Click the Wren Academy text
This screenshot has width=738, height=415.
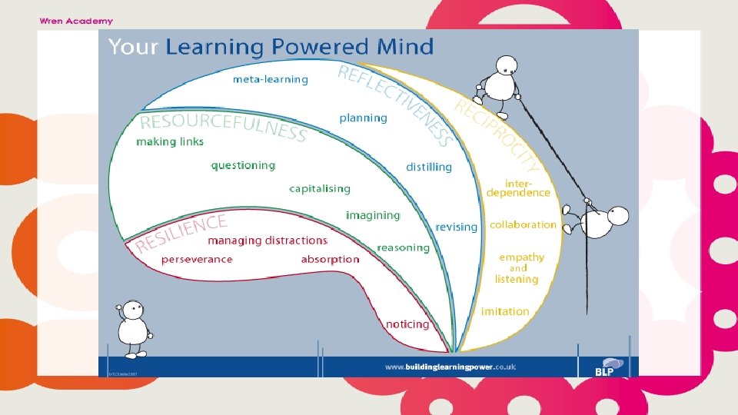(76, 21)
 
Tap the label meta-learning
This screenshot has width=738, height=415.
(270, 79)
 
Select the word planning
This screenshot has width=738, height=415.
(363, 118)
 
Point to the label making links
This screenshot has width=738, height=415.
(170, 141)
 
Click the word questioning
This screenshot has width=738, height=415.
(243, 165)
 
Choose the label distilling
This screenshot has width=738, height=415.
(429, 167)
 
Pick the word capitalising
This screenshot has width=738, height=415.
(320, 188)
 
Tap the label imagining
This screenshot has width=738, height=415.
(373, 215)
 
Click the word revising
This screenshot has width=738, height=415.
(456, 227)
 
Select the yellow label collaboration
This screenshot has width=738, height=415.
(523, 224)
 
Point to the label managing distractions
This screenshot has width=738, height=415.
(268, 241)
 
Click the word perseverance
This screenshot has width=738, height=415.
(197, 260)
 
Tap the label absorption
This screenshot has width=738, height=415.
(330, 260)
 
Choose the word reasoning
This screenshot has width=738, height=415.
(403, 247)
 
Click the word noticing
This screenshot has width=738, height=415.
(407, 324)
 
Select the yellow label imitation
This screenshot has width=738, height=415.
(505, 311)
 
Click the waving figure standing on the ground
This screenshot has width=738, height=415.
(134, 329)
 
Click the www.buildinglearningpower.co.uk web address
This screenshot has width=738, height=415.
(450, 367)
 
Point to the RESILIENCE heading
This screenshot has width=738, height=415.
(182, 233)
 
